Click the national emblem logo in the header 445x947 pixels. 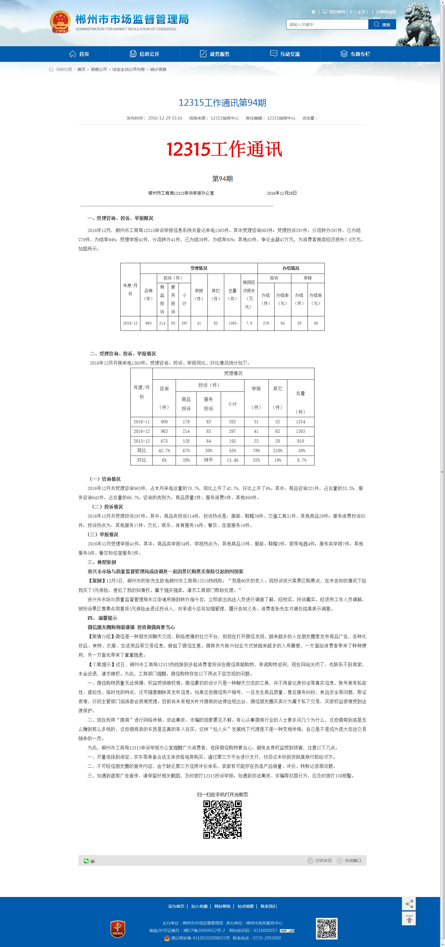(60, 22)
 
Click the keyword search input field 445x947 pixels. (327, 25)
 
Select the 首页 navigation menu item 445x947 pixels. (79, 54)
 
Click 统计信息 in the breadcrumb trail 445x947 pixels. (158, 70)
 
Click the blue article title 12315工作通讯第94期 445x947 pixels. (222, 103)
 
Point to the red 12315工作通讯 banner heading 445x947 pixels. (224, 149)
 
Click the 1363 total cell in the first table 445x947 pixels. (232, 323)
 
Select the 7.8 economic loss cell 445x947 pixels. (249, 323)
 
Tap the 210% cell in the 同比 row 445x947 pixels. (277, 450)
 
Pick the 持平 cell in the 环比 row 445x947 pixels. (208, 460)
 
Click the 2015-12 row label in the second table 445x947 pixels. (142, 441)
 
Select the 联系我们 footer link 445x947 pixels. (269, 906)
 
